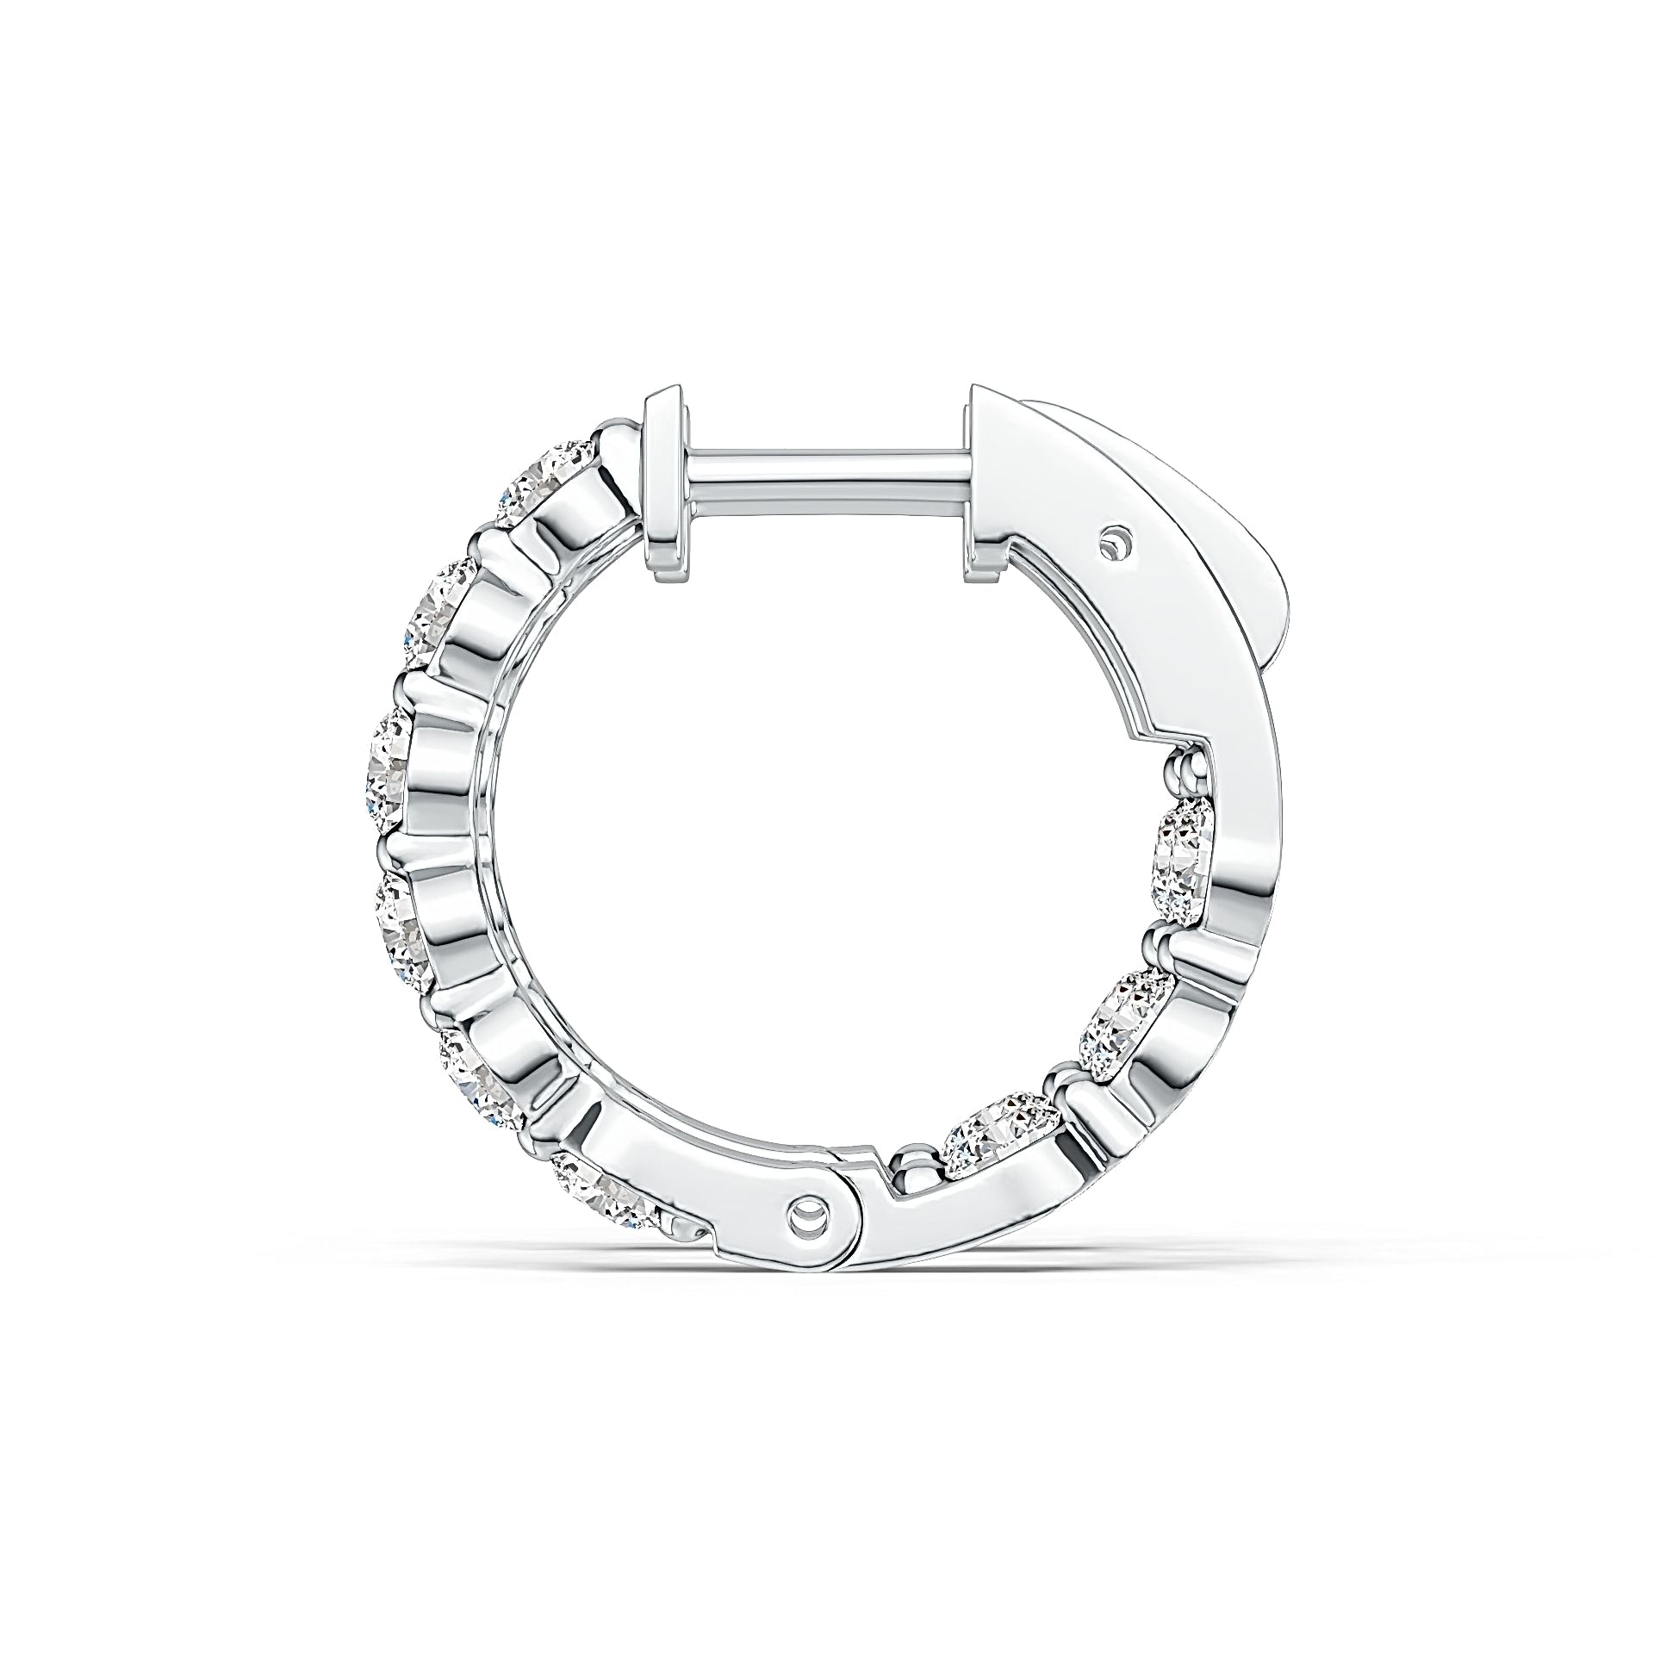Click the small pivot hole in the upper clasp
(x=1117, y=543)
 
